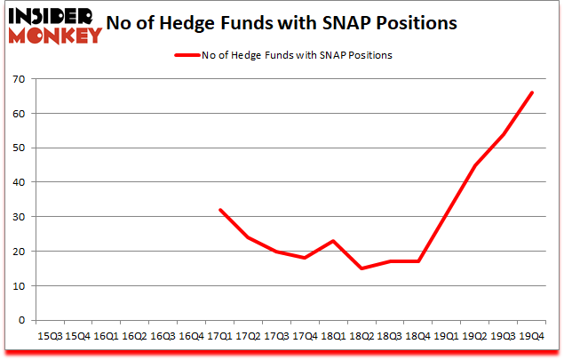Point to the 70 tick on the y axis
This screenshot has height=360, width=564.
(19, 79)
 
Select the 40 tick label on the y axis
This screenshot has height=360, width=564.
(19, 182)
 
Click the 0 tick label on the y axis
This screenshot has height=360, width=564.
(22, 320)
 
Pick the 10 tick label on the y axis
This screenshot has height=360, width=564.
(19, 285)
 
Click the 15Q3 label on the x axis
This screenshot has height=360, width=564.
(50, 337)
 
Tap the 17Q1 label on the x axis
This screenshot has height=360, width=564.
(219, 337)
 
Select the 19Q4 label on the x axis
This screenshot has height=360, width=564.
(531, 337)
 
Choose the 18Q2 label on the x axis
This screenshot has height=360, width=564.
(361, 337)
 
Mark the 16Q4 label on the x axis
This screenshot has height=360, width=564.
(191, 337)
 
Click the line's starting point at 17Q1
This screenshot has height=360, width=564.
(219, 210)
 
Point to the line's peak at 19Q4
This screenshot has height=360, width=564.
(531, 92)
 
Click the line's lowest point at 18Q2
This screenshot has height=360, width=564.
(361, 268)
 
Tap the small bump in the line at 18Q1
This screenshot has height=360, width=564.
(333, 241)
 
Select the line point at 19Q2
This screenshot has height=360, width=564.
(474, 165)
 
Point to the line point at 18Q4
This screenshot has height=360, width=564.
(417, 261)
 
